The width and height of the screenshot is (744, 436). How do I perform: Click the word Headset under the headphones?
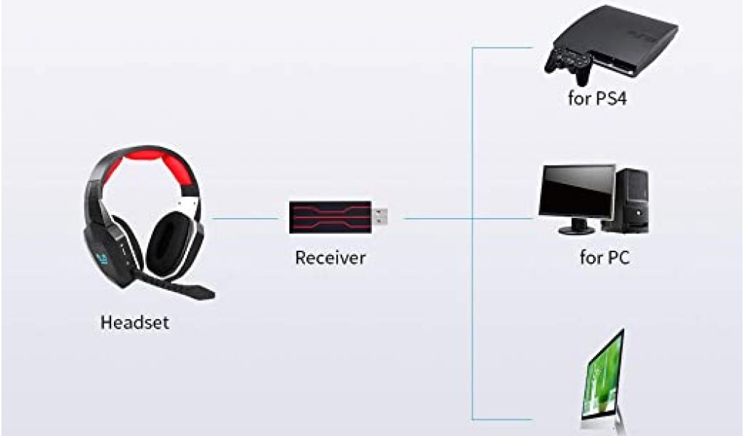click(134, 323)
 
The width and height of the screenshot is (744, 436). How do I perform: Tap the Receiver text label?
click(331, 257)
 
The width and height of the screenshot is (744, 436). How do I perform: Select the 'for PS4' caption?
click(597, 98)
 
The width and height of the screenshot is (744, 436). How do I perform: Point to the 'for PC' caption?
click(604, 257)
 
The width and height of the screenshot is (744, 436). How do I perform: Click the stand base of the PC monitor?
click(575, 230)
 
